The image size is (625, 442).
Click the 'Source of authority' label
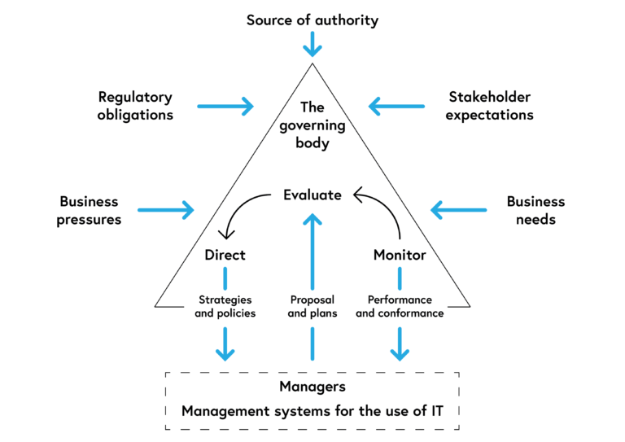(x=312, y=20)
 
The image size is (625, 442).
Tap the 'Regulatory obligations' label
(x=135, y=106)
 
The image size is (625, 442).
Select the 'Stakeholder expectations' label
(x=490, y=106)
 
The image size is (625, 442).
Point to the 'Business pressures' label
(x=89, y=210)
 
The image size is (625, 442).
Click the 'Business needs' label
(x=535, y=210)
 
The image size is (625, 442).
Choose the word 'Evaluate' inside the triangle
(x=312, y=195)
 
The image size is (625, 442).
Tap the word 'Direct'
(x=225, y=255)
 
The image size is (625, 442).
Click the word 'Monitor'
(x=400, y=255)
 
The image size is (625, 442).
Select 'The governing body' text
(x=312, y=125)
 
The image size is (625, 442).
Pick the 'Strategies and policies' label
(x=225, y=306)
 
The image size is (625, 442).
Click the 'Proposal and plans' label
(x=312, y=306)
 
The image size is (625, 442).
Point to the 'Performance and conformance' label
(x=400, y=306)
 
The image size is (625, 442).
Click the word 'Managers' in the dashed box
(x=312, y=386)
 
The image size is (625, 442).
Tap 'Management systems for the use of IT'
(x=312, y=410)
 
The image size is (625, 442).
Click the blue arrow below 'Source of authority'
(x=312, y=44)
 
